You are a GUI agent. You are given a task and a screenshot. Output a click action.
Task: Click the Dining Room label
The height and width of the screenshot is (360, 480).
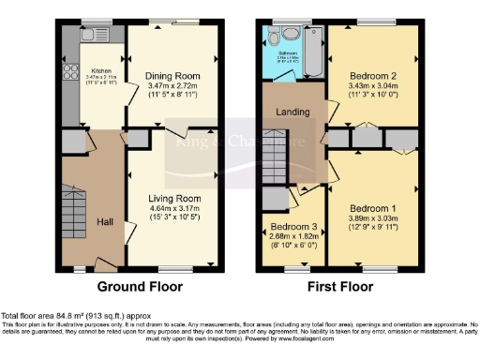pos(174,75)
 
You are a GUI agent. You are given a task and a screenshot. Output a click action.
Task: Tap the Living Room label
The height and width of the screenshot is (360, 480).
pos(175,199)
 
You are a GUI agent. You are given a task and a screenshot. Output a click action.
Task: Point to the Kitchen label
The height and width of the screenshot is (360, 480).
pos(101,70)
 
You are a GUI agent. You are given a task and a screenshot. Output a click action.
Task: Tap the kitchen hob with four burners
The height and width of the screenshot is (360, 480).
pos(68,75)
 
